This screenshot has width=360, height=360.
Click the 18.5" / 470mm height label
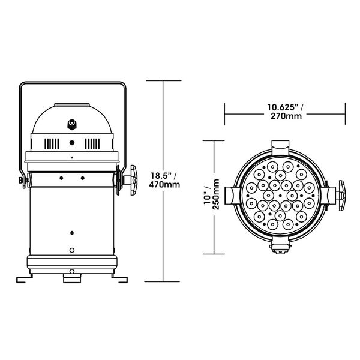pos(164,180)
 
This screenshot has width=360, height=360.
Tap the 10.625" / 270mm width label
pos(285,112)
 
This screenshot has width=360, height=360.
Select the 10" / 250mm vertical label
pos(212,194)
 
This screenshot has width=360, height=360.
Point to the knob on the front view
pos(341,196)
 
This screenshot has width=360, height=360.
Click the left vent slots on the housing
pos(52,144)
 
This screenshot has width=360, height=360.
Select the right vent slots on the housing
pos(92,144)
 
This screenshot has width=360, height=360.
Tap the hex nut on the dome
pos(72,124)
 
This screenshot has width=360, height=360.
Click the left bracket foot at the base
pos(24,278)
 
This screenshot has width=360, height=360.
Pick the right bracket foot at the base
pos(119,278)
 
